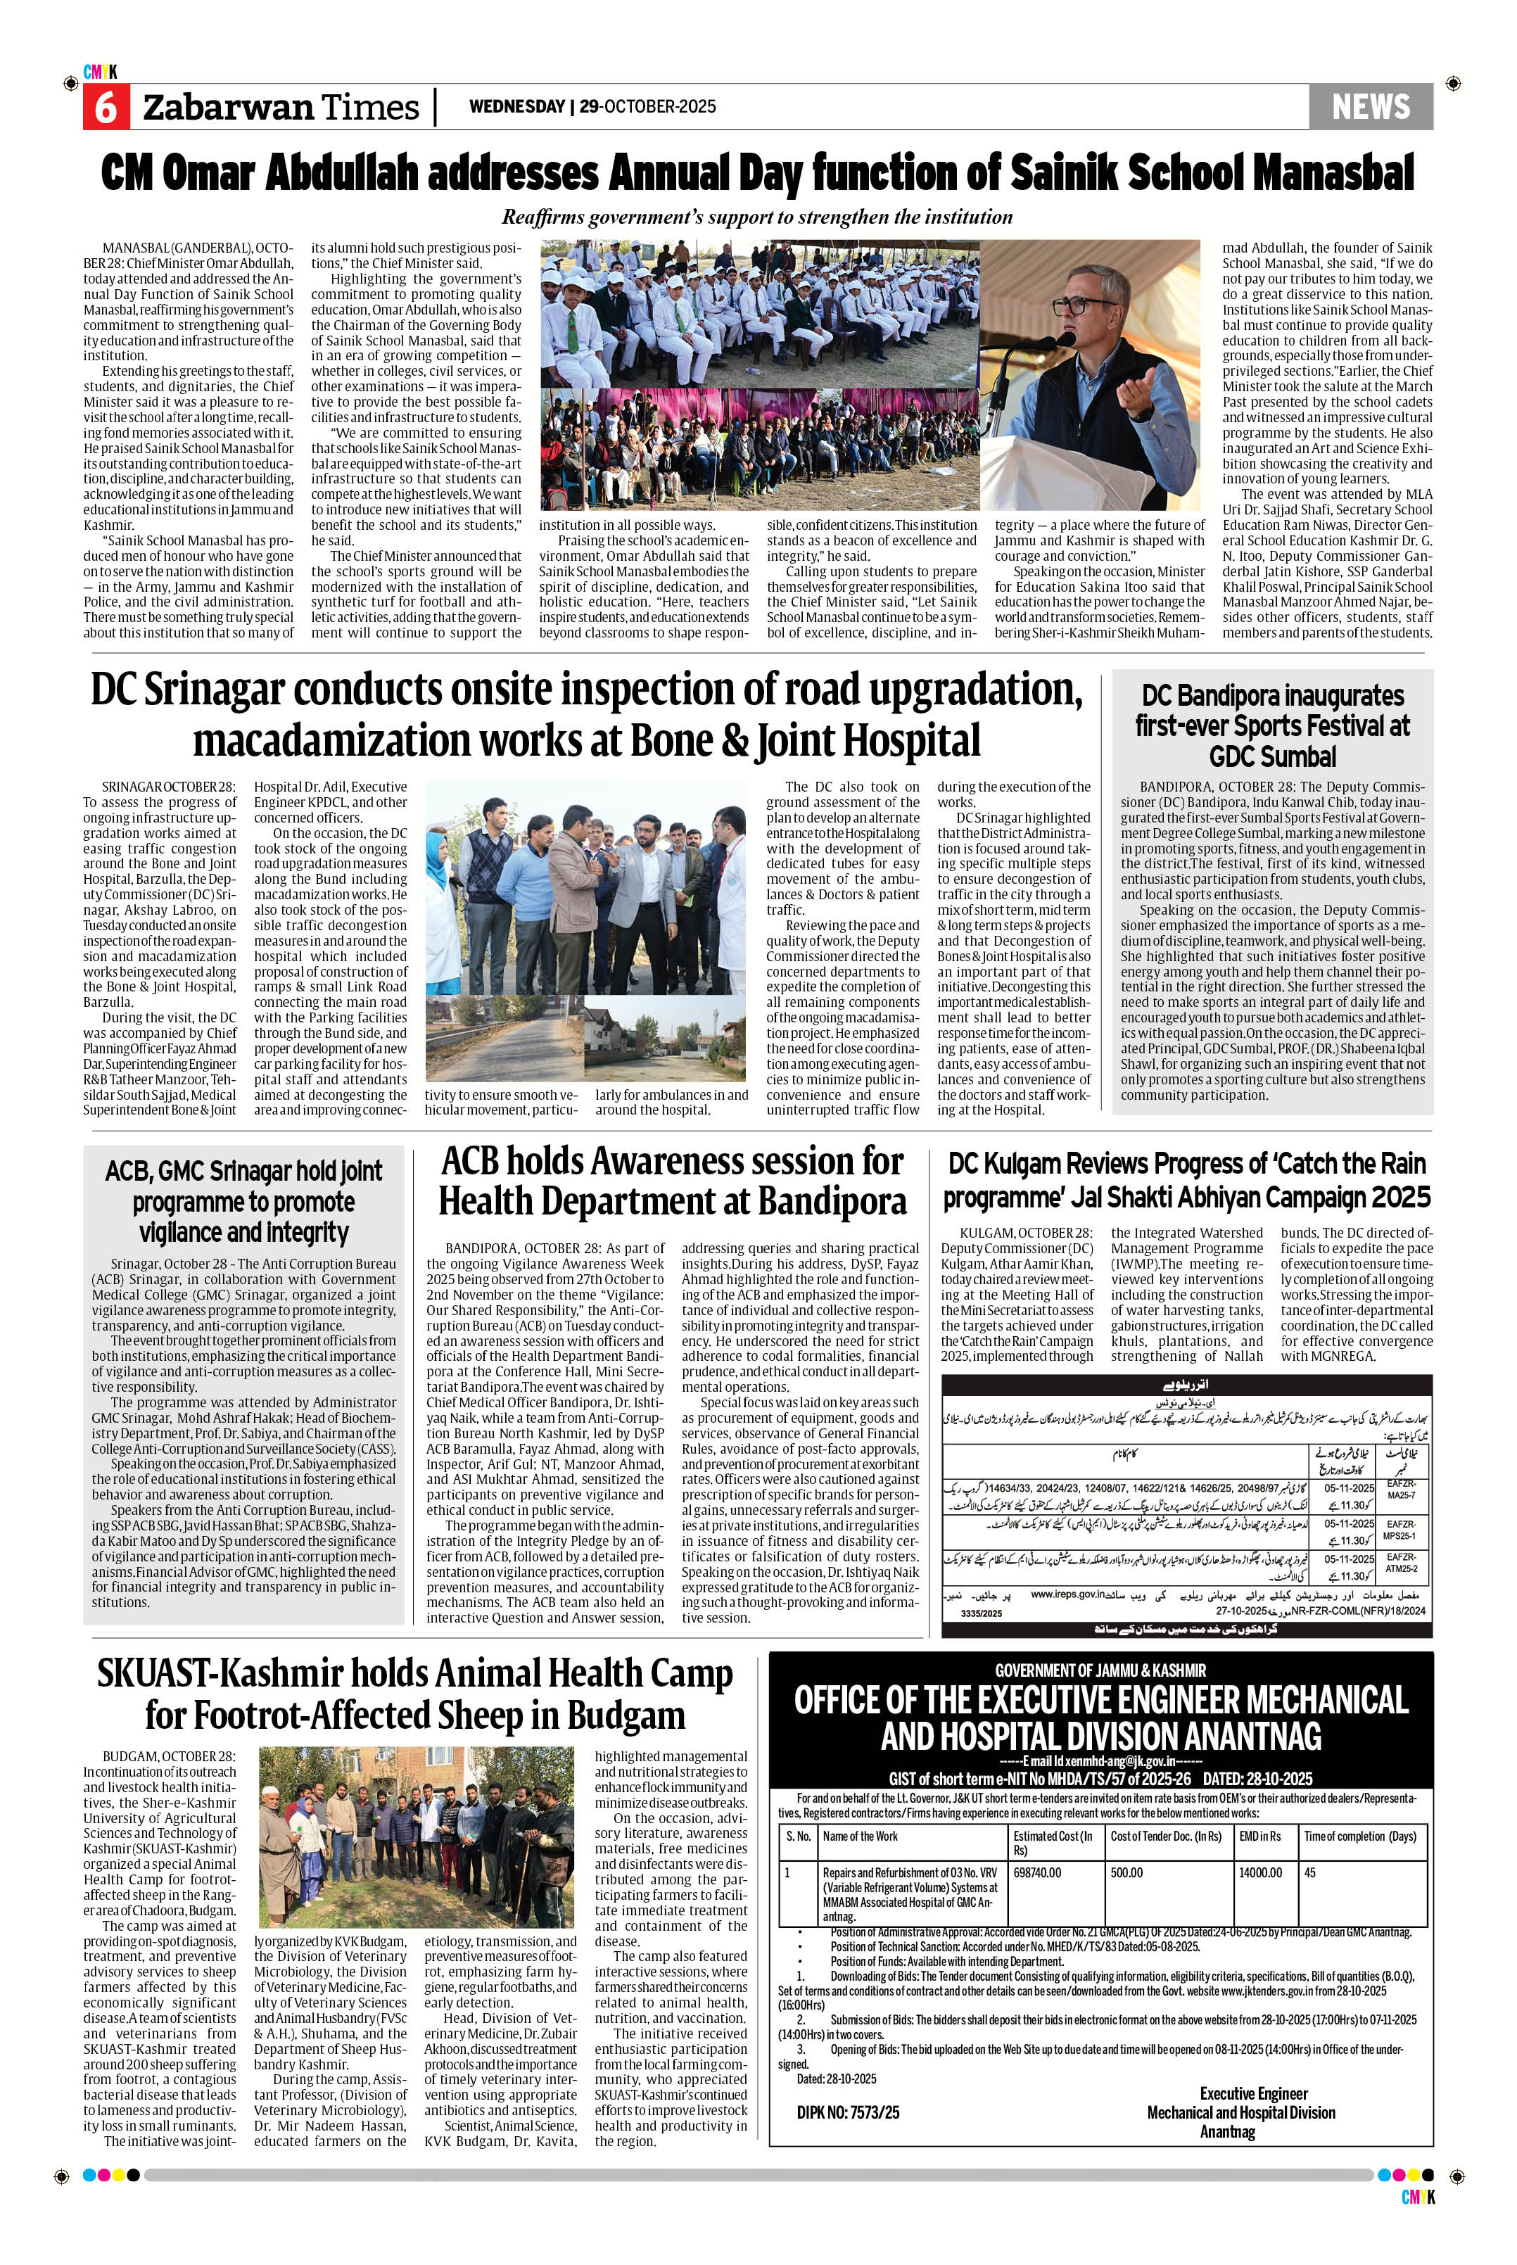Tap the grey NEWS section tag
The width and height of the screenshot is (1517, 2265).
pyautogui.click(x=1370, y=106)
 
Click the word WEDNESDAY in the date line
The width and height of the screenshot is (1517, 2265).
pyautogui.click(x=516, y=106)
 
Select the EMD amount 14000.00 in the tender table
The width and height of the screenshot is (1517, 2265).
pyautogui.click(x=1259, y=1872)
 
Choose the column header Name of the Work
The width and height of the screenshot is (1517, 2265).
pyautogui.click(x=860, y=1835)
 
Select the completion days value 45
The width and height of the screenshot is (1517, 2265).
pyautogui.click(x=1310, y=1872)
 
